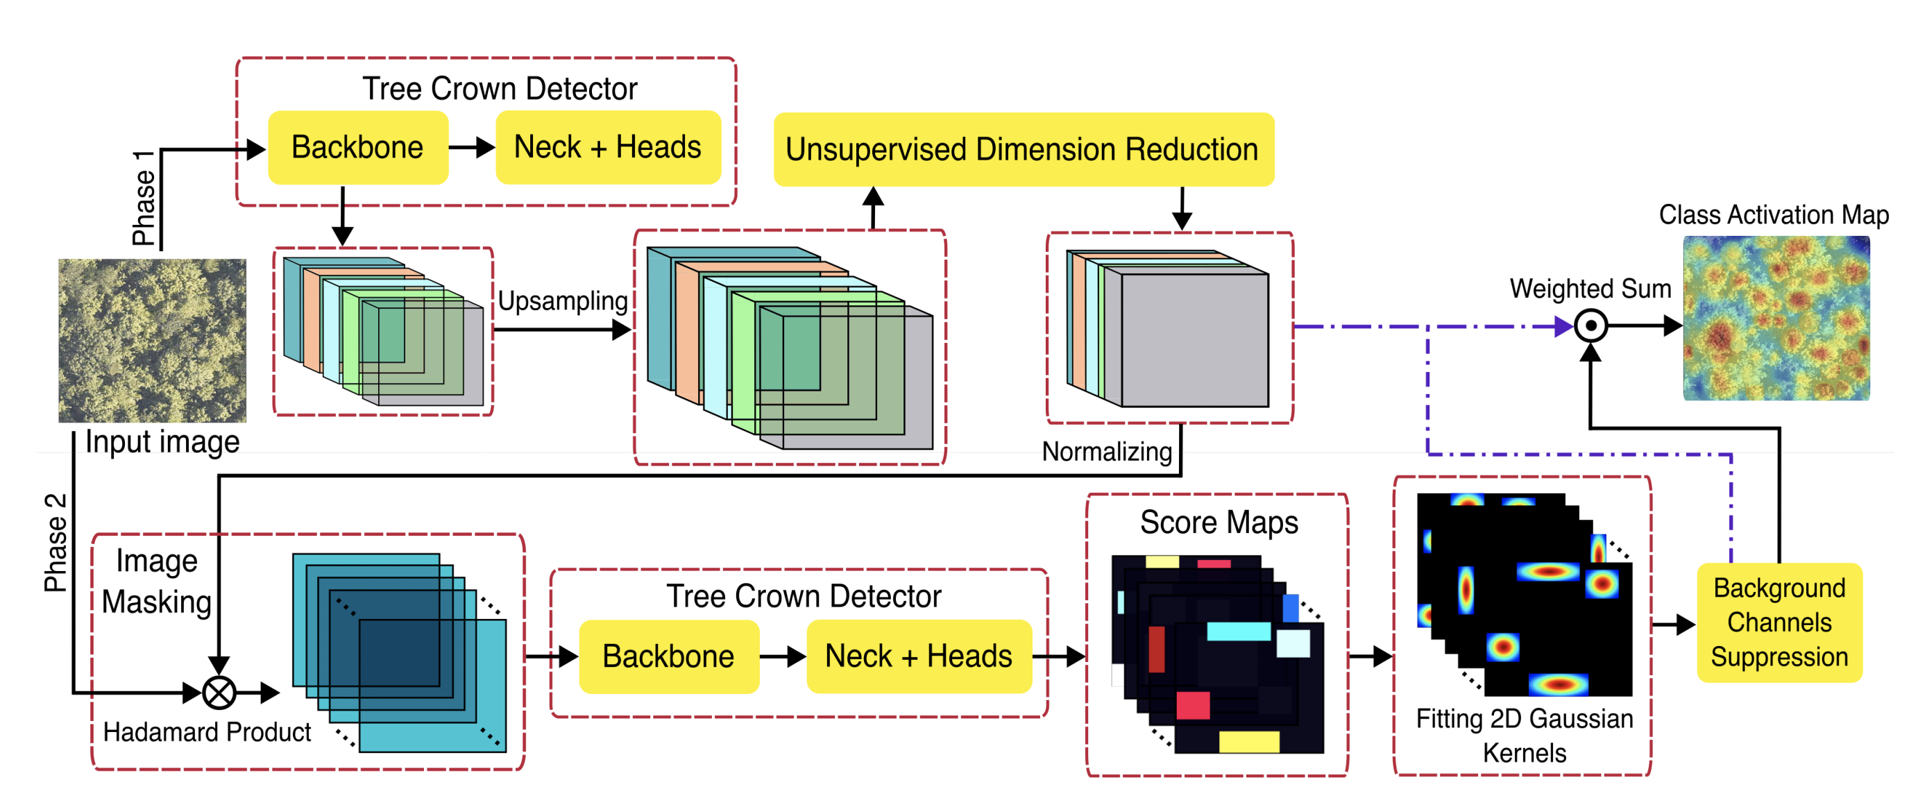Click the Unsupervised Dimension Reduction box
pyautogui.click(x=1023, y=150)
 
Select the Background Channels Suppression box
pyautogui.click(x=1778, y=622)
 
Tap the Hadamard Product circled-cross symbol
pyautogui.click(x=219, y=693)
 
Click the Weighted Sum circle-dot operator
pyautogui.click(x=1590, y=326)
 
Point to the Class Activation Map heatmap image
pyautogui.click(x=1776, y=319)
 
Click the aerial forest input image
pyautogui.click(x=152, y=340)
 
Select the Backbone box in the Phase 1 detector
pyautogui.click(x=357, y=147)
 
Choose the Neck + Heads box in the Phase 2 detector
pyautogui.click(x=918, y=656)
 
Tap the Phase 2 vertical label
pyautogui.click(x=56, y=542)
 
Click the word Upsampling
pyautogui.click(x=562, y=300)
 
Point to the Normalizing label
pyautogui.click(x=1106, y=451)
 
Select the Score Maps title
pyautogui.click(x=1218, y=523)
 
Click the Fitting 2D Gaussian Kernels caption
pyautogui.click(x=1523, y=736)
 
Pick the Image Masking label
pyautogui.click(x=156, y=581)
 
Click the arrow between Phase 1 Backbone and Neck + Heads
pyautogui.click(x=472, y=147)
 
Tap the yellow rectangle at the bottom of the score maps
pyautogui.click(x=1248, y=741)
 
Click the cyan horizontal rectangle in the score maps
pyautogui.click(x=1238, y=631)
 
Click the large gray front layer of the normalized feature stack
pyautogui.click(x=1194, y=339)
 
